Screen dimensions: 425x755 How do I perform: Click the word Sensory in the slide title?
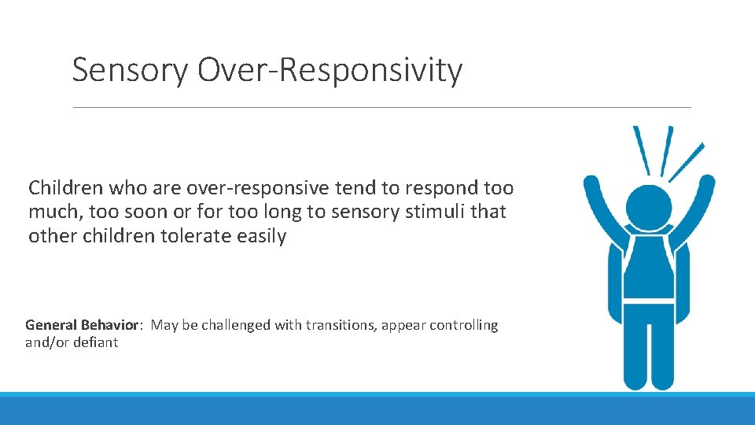(131, 71)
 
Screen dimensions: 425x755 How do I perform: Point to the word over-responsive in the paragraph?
(235, 188)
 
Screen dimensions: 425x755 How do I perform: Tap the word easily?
(260, 236)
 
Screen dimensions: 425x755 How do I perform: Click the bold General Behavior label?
(83, 325)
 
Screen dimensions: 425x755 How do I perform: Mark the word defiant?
(94, 342)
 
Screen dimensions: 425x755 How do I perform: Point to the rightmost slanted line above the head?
(686, 162)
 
